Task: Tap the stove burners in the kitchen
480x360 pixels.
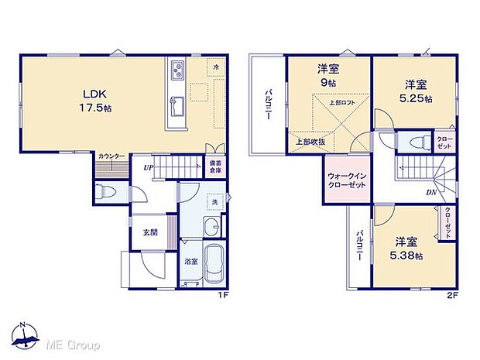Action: tap(177, 71)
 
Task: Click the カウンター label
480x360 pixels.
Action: tap(111, 157)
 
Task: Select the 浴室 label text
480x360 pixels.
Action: tap(190, 262)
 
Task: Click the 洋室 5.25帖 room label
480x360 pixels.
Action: tap(417, 91)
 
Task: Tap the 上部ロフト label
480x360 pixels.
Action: tap(341, 103)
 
